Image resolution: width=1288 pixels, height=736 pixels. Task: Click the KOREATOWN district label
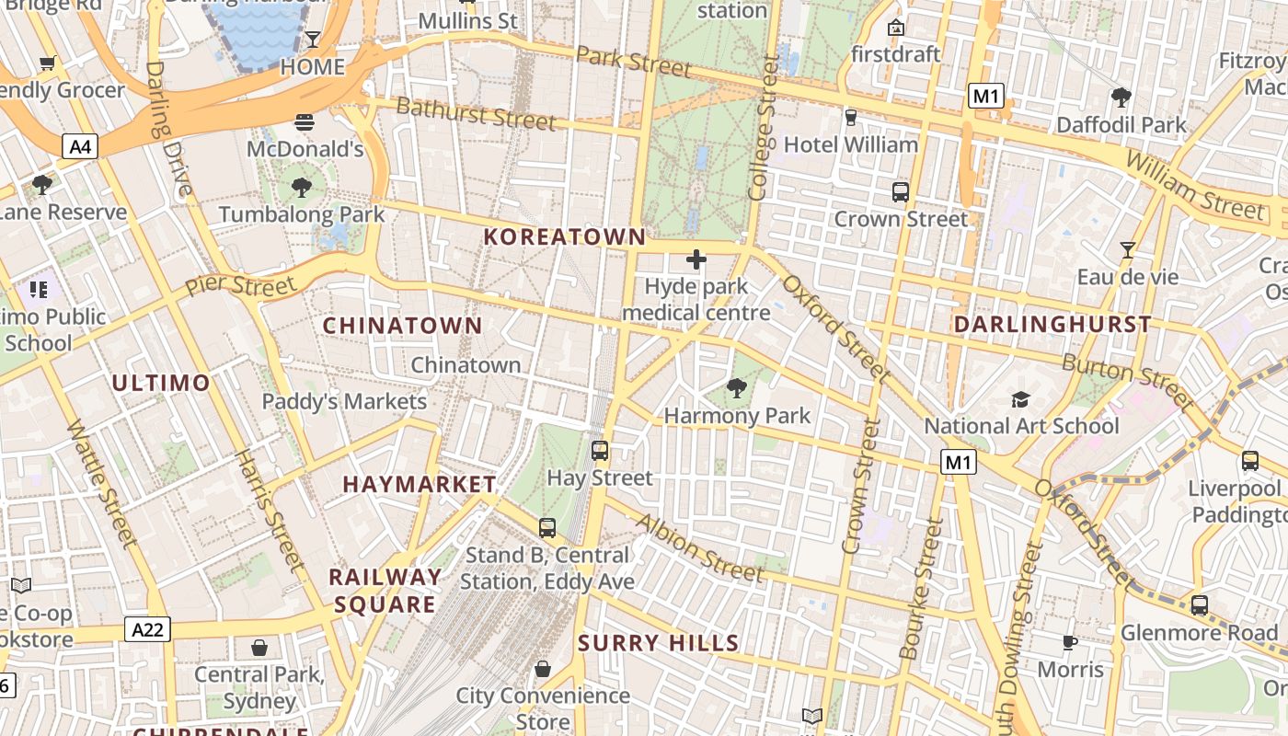click(x=565, y=236)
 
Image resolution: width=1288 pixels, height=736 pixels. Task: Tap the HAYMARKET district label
click(x=420, y=484)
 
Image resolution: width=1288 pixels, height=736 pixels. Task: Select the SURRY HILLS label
click(x=659, y=643)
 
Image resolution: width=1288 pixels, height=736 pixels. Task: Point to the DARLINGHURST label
click(x=1052, y=325)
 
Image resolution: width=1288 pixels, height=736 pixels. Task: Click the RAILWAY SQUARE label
click(x=385, y=591)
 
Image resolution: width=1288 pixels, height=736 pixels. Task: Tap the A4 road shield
click(x=80, y=145)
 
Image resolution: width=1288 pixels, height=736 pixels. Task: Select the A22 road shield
click(x=147, y=629)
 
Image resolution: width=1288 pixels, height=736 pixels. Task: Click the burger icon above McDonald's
click(x=305, y=122)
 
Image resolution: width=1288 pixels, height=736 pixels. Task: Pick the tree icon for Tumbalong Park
click(x=301, y=189)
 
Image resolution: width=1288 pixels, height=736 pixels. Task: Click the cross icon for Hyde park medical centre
click(x=696, y=259)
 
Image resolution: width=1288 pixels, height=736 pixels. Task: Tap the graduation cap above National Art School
click(x=1020, y=399)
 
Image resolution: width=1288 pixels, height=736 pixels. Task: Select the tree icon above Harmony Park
click(x=736, y=388)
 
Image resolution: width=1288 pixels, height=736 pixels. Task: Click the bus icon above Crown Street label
click(x=901, y=192)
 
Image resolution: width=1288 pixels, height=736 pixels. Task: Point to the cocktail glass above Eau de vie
click(x=1127, y=249)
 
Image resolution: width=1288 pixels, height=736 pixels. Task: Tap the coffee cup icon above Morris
click(x=1069, y=642)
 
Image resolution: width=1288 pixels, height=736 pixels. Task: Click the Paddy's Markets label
click(x=344, y=402)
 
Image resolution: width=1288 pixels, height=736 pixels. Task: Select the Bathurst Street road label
click(x=476, y=114)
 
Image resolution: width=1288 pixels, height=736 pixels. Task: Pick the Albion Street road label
click(x=699, y=549)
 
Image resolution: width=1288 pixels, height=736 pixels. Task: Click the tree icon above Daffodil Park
click(x=1121, y=97)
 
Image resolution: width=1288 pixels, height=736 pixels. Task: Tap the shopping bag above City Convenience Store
click(x=543, y=669)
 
